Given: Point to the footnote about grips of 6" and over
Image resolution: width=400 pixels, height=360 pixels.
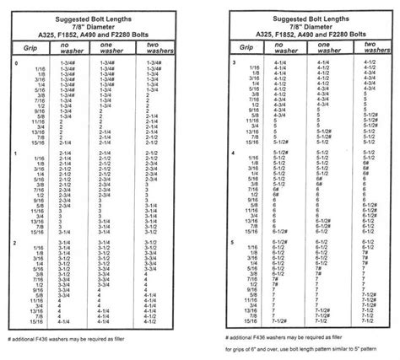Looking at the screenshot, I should pyautogui.click(x=311, y=349).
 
